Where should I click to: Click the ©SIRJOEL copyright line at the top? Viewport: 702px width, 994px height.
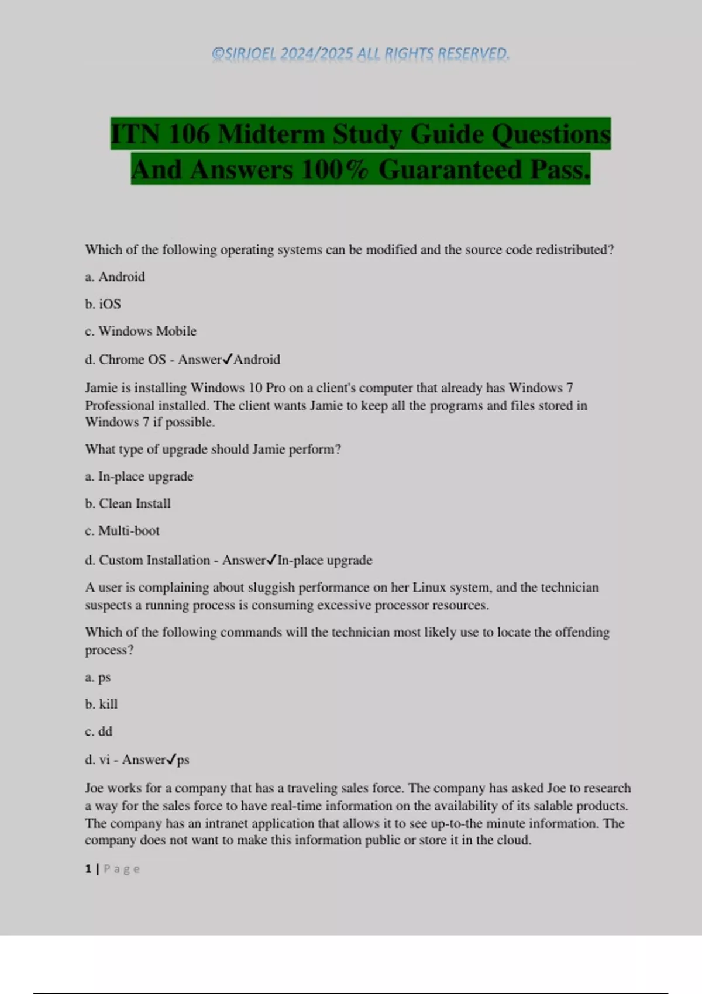point(360,54)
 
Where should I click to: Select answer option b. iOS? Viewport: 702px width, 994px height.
point(103,304)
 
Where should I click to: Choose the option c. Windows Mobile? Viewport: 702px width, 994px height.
point(140,331)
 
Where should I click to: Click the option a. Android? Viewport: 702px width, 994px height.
point(115,277)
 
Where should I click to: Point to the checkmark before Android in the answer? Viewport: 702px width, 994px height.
point(228,358)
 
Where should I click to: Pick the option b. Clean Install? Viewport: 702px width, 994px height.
point(128,503)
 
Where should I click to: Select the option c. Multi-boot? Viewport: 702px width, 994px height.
point(122,531)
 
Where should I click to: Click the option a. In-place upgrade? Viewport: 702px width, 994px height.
point(139,477)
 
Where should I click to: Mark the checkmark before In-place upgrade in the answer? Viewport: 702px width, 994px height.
point(271,560)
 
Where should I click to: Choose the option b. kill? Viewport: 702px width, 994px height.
point(101,704)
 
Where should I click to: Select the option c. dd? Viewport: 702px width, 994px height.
point(98,731)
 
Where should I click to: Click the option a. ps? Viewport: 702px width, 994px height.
point(98,677)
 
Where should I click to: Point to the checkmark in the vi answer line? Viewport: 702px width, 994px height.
point(171,759)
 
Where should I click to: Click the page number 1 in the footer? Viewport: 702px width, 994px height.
point(88,869)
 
